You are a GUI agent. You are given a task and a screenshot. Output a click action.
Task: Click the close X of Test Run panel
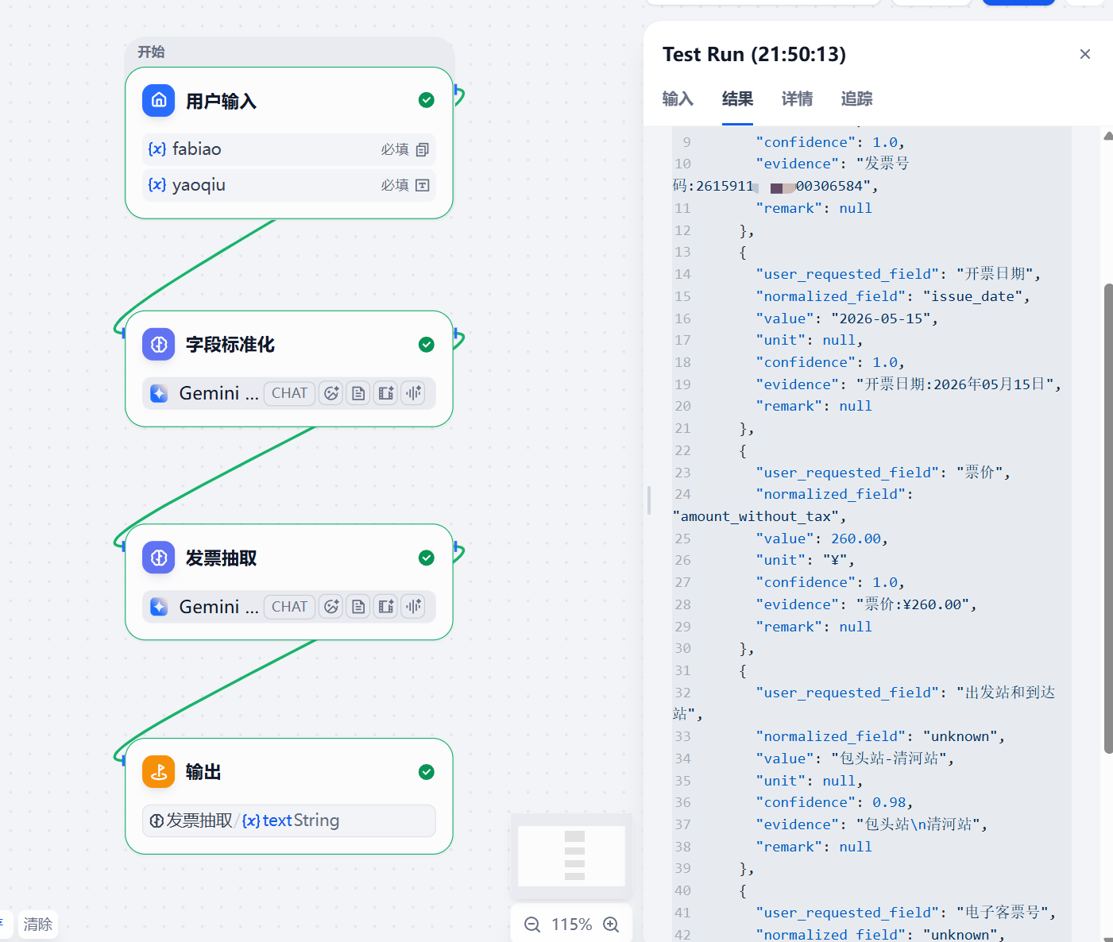click(x=1084, y=54)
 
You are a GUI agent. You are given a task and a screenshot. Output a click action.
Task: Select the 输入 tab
click(x=678, y=99)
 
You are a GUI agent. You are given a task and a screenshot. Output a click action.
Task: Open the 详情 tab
click(x=797, y=99)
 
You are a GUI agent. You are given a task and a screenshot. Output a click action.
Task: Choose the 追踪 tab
click(x=856, y=99)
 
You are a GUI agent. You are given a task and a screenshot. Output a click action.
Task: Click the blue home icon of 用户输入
click(x=158, y=100)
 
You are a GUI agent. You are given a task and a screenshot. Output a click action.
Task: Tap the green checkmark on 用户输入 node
click(x=427, y=100)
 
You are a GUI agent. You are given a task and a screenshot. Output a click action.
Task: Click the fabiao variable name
click(x=196, y=149)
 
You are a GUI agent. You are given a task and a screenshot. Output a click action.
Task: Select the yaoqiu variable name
click(x=199, y=185)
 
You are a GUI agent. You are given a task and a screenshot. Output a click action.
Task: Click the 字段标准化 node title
click(x=230, y=345)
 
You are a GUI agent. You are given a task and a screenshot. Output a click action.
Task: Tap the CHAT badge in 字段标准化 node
click(x=289, y=393)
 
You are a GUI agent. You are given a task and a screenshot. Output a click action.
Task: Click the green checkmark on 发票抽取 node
click(x=427, y=558)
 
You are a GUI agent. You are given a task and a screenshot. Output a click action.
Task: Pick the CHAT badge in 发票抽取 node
click(x=289, y=607)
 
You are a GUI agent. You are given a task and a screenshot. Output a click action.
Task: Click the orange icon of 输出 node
click(x=158, y=771)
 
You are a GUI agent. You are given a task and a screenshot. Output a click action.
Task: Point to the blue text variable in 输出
click(x=267, y=820)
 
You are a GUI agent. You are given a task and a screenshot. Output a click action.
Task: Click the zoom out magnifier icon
click(x=532, y=925)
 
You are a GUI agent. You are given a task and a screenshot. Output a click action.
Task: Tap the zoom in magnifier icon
click(x=611, y=925)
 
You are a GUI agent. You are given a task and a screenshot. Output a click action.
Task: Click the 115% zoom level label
click(x=571, y=925)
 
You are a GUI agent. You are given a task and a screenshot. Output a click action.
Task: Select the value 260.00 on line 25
click(x=856, y=539)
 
